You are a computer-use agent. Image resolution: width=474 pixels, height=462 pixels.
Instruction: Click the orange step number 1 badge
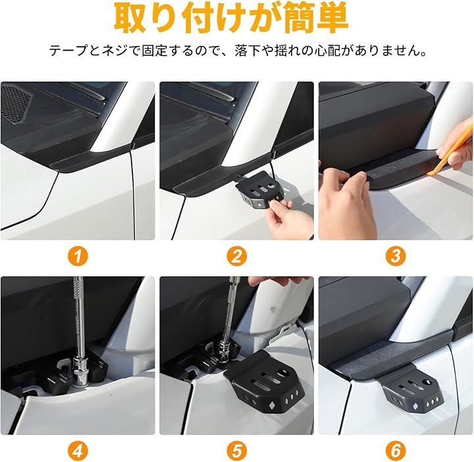click(78, 256)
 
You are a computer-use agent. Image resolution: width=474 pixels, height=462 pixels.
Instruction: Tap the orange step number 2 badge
click(237, 256)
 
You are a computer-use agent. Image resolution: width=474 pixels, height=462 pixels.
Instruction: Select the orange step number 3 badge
click(396, 256)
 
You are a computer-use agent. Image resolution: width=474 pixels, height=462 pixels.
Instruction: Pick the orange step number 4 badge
click(78, 451)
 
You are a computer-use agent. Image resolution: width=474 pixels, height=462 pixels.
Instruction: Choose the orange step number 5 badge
click(237, 451)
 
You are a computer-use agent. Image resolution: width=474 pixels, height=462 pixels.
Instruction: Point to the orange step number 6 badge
click(396, 451)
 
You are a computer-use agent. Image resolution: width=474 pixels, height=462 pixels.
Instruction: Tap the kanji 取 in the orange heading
click(131, 18)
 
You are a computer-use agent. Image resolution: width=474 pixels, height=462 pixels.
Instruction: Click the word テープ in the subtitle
click(68, 51)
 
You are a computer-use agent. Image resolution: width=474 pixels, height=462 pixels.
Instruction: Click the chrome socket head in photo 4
click(80, 371)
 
